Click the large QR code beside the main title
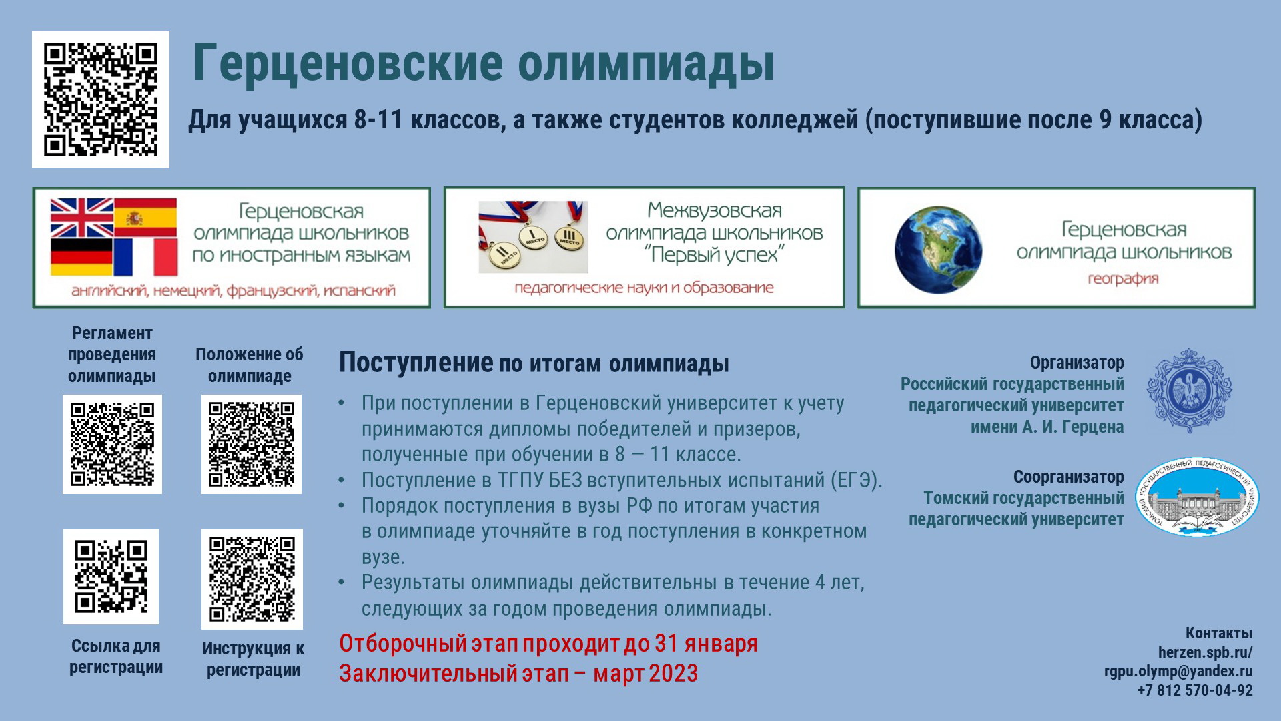coord(101,99)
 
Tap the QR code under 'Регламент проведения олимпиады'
coord(113,445)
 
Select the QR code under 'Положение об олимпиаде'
coord(252,445)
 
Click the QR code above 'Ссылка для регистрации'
coord(111,577)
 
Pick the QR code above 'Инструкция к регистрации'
coord(252,579)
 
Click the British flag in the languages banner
coord(82,218)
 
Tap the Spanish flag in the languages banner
coord(145,218)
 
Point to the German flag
coord(82,257)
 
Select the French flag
coord(145,257)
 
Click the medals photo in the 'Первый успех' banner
coord(533,237)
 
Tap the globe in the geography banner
coord(938,250)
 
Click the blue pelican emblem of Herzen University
coord(1189,391)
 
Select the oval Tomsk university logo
coord(1197,497)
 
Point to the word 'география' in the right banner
coord(1123,279)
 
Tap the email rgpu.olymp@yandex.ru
coord(1178,671)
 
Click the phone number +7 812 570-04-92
coord(1195,690)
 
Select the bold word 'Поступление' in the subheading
coord(416,363)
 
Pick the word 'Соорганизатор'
coord(1069,477)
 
